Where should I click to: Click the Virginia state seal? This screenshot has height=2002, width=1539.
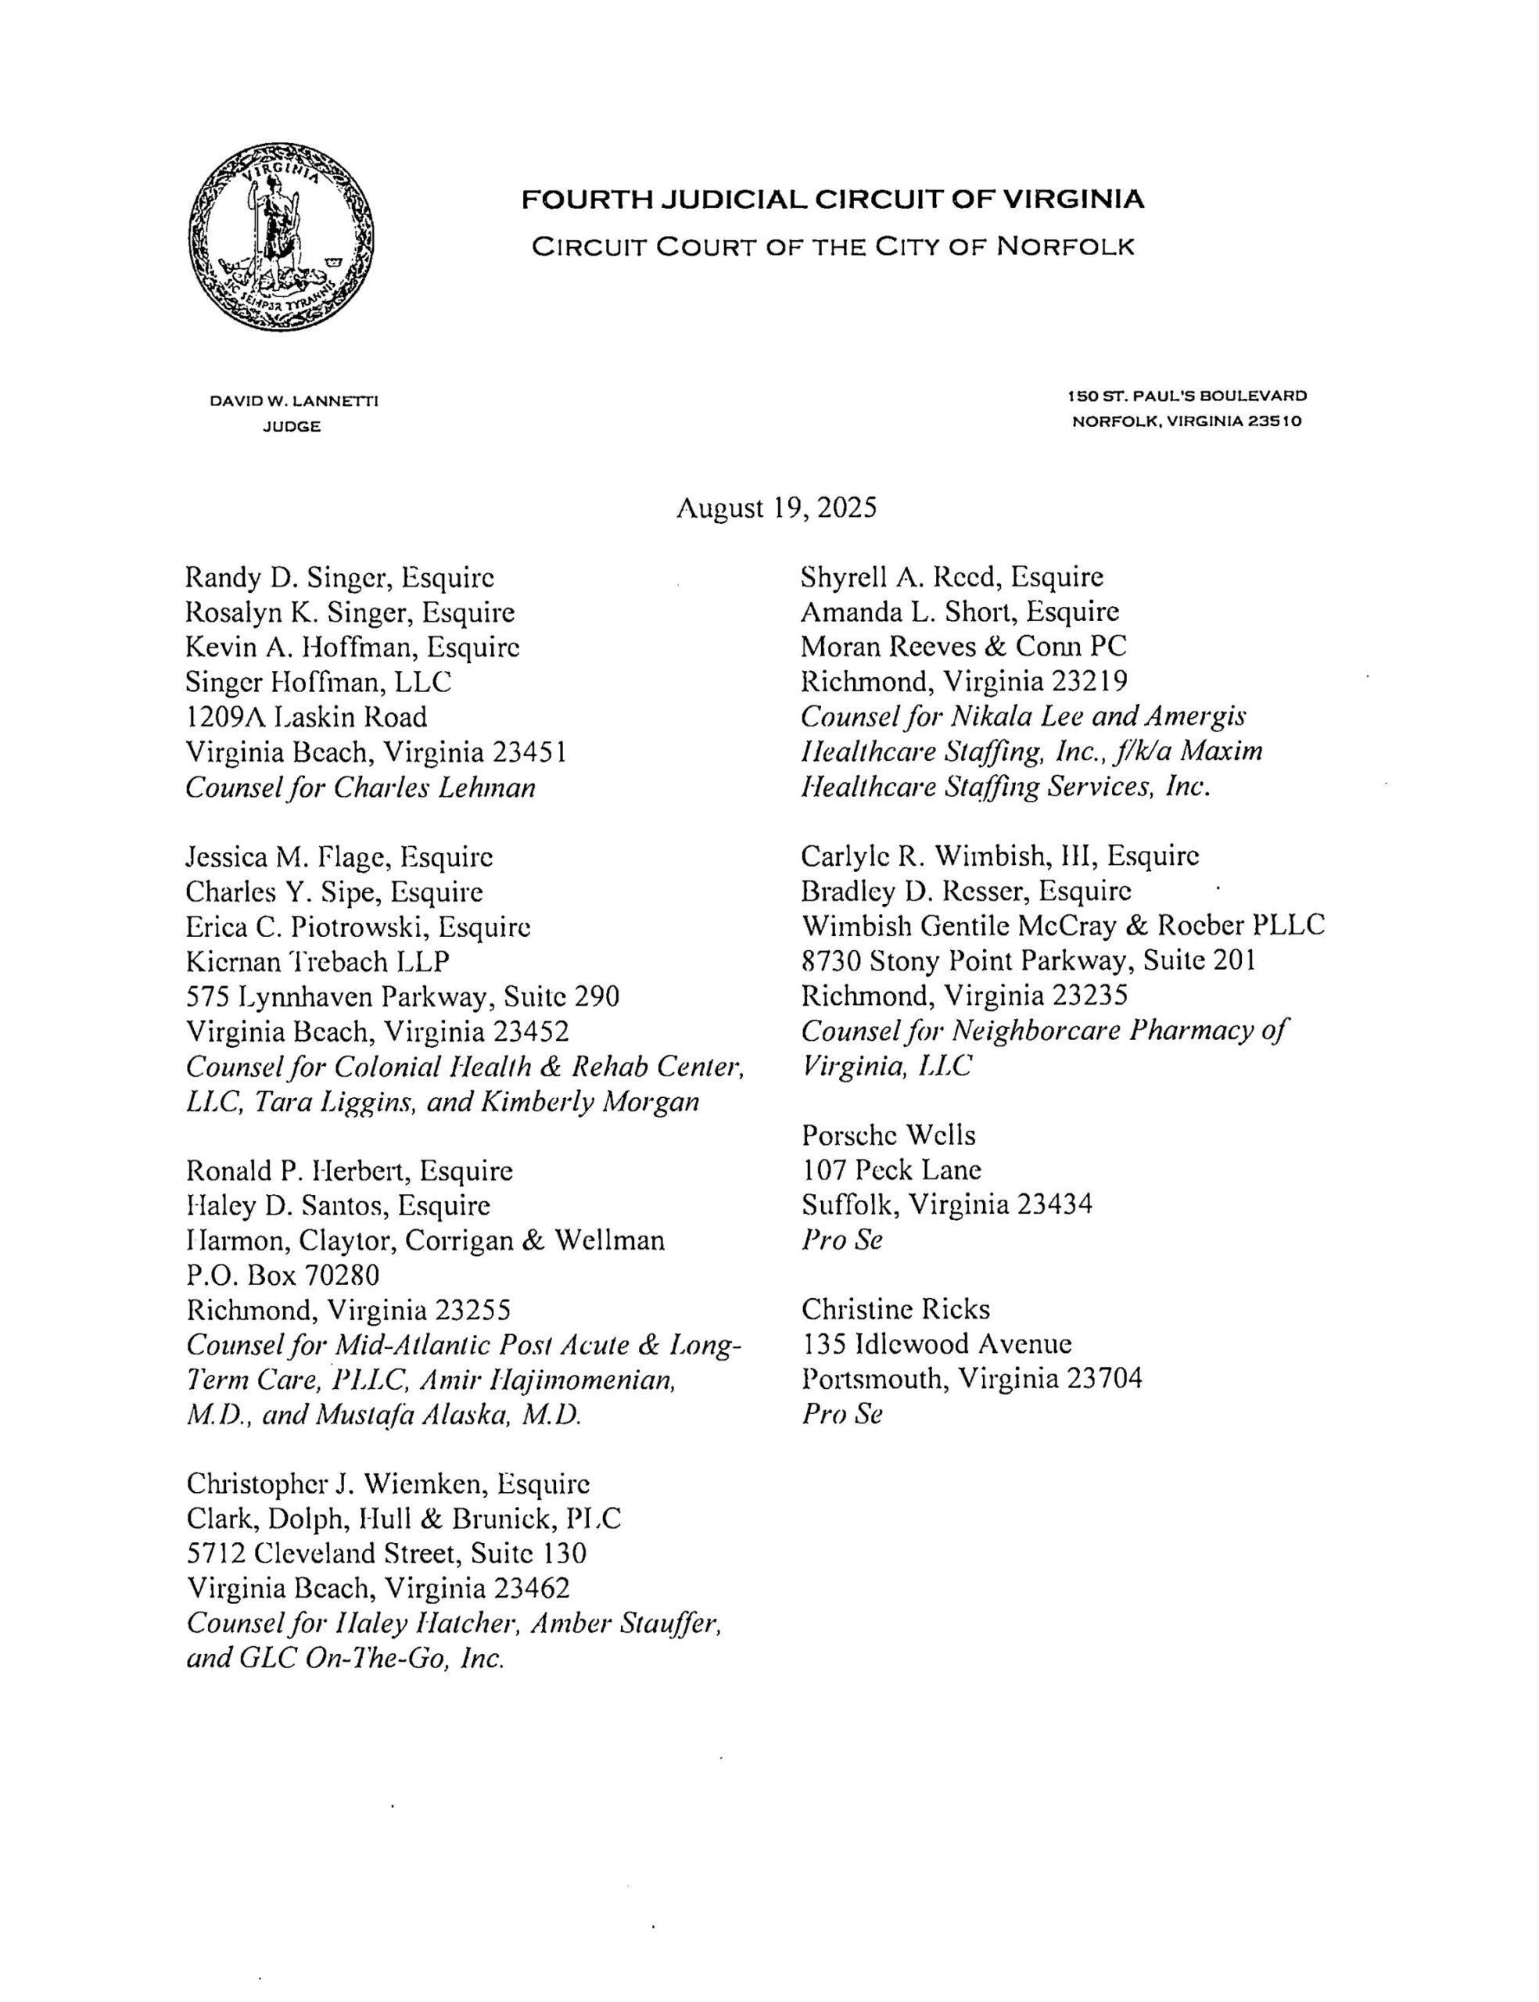[282, 236]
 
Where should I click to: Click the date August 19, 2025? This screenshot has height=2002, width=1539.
[776, 507]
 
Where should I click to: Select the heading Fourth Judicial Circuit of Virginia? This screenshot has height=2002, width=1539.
[832, 199]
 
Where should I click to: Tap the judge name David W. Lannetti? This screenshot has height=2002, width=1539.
[293, 400]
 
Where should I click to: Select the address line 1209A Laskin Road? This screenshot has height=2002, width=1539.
[306, 716]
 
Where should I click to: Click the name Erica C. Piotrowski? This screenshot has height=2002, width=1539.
[307, 927]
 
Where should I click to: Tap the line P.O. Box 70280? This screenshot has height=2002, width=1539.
[282, 1274]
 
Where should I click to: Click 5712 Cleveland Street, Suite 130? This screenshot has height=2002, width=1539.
[386, 1553]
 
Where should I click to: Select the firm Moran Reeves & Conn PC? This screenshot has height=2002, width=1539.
[963, 647]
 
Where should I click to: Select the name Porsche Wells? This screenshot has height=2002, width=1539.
[888, 1136]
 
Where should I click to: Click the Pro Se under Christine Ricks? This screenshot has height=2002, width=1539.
[841, 1414]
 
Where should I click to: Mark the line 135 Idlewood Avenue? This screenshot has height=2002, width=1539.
[935, 1344]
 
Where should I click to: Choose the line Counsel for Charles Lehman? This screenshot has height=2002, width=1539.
[360, 788]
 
